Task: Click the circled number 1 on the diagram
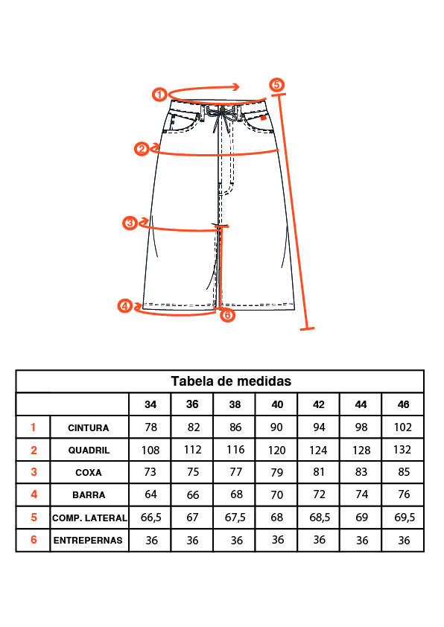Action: (159, 95)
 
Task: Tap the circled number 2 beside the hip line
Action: (142, 149)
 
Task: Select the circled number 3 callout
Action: (130, 223)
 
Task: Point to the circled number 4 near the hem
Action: (125, 306)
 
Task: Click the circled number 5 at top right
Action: (276, 85)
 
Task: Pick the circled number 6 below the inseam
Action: (227, 315)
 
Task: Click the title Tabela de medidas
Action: (231, 381)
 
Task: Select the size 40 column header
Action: (277, 404)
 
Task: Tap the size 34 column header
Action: (150, 404)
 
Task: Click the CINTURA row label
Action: (89, 428)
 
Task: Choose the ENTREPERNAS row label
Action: (88, 540)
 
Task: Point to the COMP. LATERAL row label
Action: (89, 518)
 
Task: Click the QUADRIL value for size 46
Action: (402, 450)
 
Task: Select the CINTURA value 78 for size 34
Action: (150, 427)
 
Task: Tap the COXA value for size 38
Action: (236, 472)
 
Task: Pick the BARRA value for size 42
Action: (319, 494)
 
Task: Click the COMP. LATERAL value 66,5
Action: (150, 518)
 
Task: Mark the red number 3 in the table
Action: (34, 472)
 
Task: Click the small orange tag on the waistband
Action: (263, 118)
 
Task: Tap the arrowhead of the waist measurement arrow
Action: (236, 87)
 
